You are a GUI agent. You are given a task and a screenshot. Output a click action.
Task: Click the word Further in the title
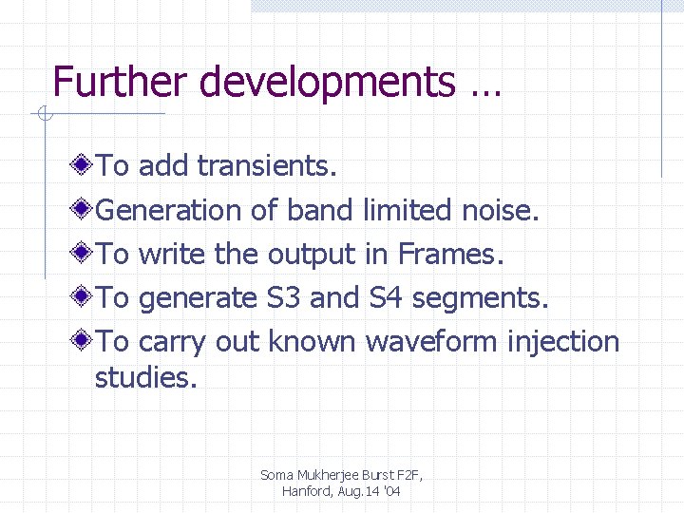point(114,82)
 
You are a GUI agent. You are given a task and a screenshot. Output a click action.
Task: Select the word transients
point(267,166)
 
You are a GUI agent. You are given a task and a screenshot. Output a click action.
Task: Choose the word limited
point(407,210)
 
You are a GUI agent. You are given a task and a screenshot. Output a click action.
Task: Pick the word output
point(312,255)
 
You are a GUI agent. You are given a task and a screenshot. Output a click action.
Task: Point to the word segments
point(481,299)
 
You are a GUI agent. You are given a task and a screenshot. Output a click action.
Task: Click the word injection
point(564,342)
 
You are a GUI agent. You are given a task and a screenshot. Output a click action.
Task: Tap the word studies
point(145,378)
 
